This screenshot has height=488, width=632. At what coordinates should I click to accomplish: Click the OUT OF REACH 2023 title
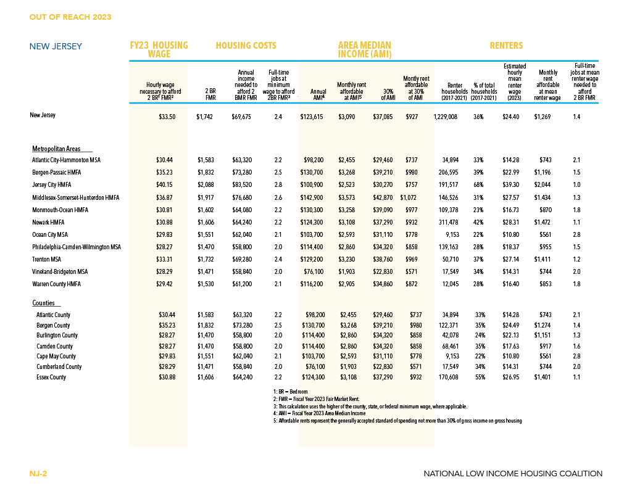(x=70, y=17)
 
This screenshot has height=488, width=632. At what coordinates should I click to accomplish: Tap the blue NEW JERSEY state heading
(x=56, y=46)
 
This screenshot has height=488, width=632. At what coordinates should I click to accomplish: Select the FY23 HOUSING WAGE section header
(x=159, y=50)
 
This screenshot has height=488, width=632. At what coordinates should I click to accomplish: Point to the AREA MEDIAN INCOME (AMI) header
(x=365, y=50)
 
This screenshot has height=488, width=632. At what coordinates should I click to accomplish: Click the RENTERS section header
(x=506, y=46)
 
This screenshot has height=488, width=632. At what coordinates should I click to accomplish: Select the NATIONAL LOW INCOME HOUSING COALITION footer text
(x=513, y=473)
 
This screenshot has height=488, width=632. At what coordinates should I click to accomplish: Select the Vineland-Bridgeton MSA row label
(x=60, y=272)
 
